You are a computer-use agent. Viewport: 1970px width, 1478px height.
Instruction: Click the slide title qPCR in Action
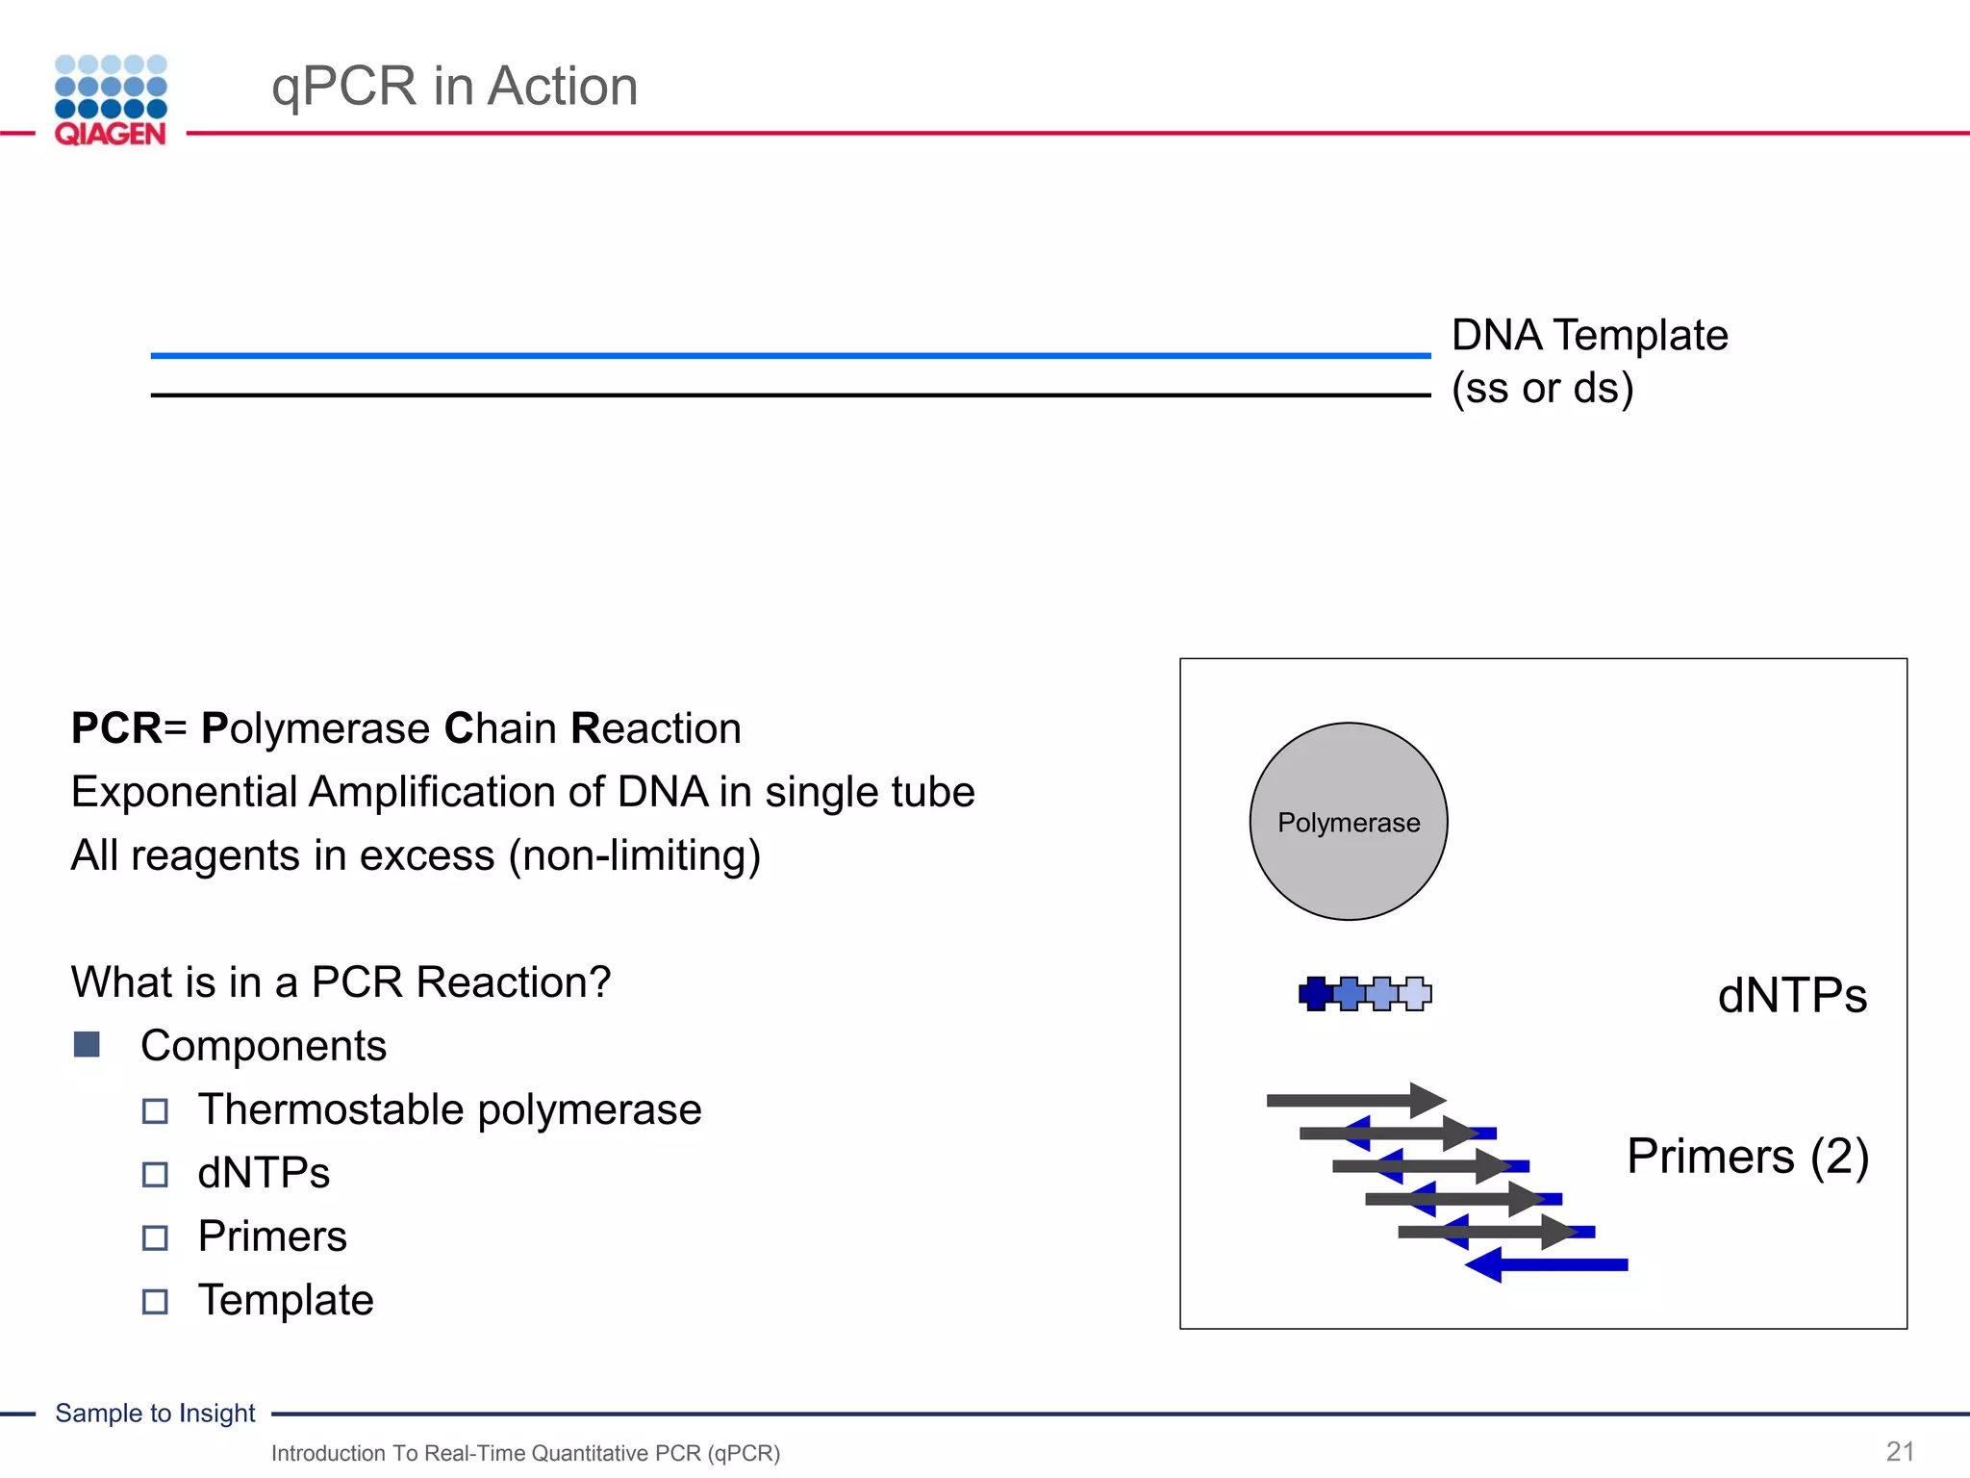[x=454, y=87]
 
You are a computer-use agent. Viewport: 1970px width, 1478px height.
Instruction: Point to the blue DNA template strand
[x=789, y=355]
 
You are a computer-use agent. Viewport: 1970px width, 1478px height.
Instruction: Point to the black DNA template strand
[x=789, y=395]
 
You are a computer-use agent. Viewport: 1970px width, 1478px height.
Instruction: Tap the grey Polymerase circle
[x=1348, y=822]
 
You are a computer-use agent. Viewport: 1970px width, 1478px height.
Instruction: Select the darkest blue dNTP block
[x=1314, y=993]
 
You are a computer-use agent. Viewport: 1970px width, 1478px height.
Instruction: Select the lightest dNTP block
[x=1416, y=993]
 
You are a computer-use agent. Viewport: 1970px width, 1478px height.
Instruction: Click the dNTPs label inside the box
[x=1791, y=995]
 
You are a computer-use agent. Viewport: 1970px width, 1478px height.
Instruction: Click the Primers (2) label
[x=1747, y=1156]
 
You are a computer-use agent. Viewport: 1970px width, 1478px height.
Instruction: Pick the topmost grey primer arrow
[x=1351, y=1100]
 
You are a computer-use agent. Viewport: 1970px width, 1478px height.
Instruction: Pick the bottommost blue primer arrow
[x=1549, y=1264]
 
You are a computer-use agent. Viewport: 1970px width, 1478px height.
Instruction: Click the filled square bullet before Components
[x=87, y=1045]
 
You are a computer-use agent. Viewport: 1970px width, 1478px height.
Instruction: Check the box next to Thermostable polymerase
[x=155, y=1111]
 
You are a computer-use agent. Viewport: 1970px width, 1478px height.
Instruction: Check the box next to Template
[x=155, y=1302]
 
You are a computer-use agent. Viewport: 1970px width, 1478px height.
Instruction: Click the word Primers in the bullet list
[x=272, y=1236]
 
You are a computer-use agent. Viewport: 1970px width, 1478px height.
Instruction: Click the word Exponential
[x=185, y=792]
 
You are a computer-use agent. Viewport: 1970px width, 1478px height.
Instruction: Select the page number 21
[x=1900, y=1451]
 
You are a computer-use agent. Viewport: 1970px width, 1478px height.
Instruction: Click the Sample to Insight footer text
[x=155, y=1413]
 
